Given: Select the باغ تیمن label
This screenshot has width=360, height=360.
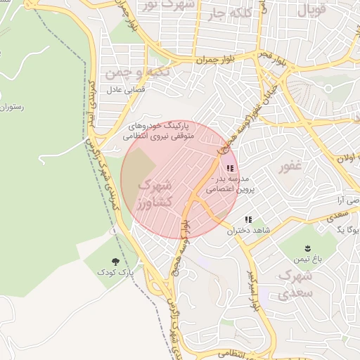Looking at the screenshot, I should (x=308, y=259).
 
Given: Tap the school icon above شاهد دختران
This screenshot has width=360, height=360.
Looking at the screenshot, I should (x=247, y=220).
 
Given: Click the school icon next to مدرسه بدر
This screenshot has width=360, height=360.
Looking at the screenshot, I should (x=230, y=169).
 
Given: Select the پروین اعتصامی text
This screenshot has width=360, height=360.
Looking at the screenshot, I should (x=236, y=189).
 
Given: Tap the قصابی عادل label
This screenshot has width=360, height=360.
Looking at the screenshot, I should (x=124, y=90).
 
